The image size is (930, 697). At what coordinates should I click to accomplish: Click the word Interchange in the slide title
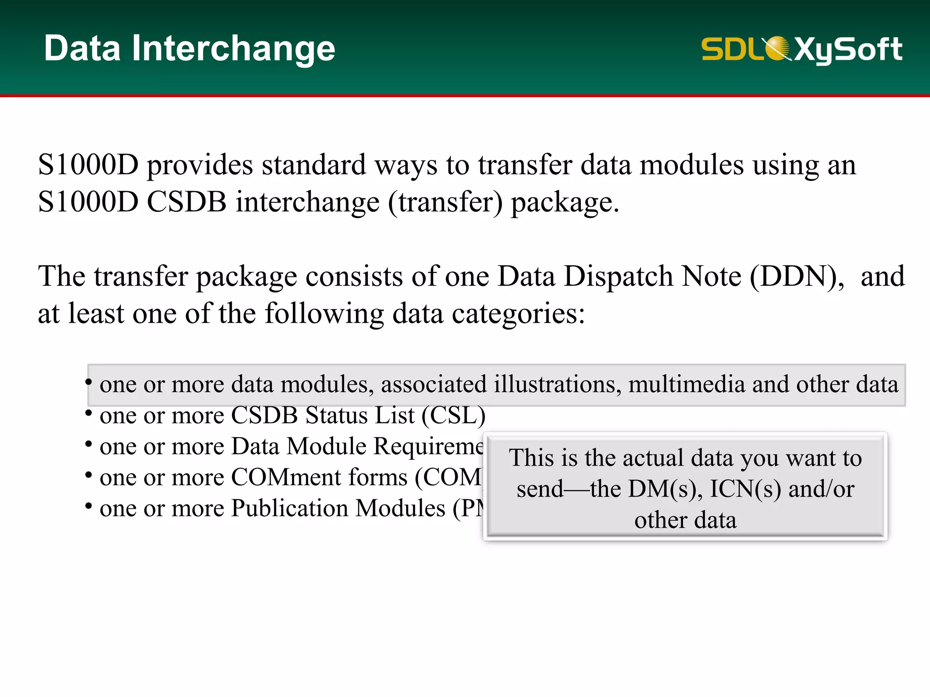(233, 49)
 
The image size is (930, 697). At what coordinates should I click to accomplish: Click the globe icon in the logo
(777, 49)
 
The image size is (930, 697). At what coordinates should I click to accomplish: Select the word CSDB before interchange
(187, 202)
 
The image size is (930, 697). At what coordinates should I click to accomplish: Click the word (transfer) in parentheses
(445, 202)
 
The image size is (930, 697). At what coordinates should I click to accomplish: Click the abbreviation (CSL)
(453, 415)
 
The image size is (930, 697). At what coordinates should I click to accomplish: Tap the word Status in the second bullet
(336, 415)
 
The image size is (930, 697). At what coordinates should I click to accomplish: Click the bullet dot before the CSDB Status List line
(89, 413)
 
